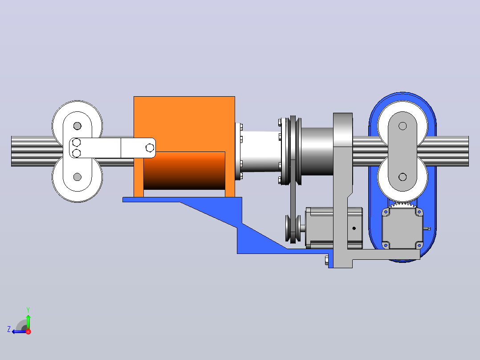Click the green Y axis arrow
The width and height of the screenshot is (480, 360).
[28, 322]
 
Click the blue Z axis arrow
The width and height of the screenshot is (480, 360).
[19, 331]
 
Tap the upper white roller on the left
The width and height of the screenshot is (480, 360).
[77, 123]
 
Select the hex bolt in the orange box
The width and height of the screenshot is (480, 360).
[150, 148]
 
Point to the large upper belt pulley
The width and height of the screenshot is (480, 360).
[293, 151]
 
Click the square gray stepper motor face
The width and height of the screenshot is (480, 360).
[403, 228]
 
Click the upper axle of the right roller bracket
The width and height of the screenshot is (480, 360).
[403, 126]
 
